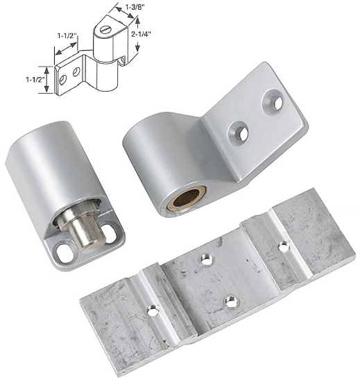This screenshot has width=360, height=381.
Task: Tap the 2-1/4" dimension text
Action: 141,34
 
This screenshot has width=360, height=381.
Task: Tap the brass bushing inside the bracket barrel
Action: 187,198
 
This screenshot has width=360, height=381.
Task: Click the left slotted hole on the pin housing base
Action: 65,253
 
